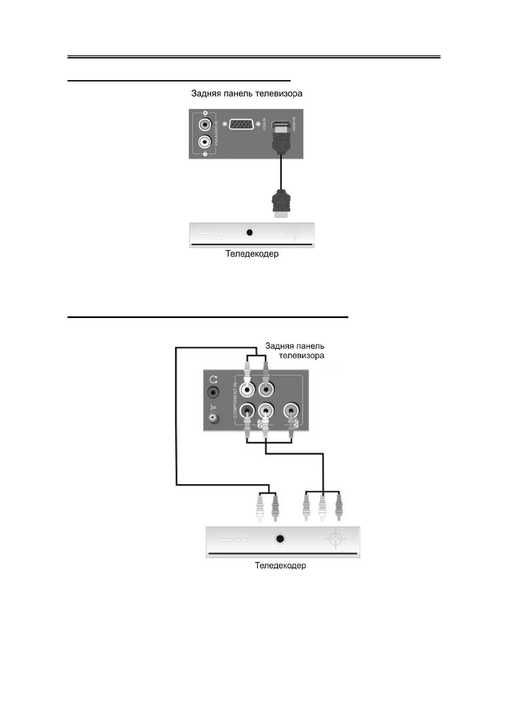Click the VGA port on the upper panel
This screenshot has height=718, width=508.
click(x=242, y=124)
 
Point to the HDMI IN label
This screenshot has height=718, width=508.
click(x=294, y=124)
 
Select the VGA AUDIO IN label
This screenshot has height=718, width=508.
click(x=216, y=133)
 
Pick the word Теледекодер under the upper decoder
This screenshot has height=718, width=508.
click(x=252, y=254)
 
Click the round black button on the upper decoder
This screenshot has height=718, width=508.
click(x=250, y=232)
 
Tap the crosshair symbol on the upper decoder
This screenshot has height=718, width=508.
click(x=295, y=233)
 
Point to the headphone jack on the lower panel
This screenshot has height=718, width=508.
click(x=213, y=392)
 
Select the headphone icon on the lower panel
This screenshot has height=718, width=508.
click(x=213, y=379)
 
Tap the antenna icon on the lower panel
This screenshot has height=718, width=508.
click(x=213, y=408)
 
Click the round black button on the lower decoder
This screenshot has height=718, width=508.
click(x=280, y=539)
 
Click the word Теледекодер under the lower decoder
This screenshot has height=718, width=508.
click(x=280, y=566)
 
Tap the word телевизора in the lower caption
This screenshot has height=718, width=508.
click(x=301, y=356)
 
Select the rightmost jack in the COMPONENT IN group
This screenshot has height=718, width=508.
click(x=291, y=411)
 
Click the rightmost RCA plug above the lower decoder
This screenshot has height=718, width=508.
click(x=338, y=507)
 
